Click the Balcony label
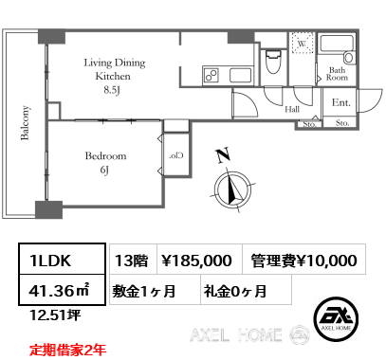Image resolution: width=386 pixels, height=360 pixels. tap(25, 122)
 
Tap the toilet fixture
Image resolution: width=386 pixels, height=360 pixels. tap(273, 62)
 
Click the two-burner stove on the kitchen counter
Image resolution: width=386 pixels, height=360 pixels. tap(211, 76)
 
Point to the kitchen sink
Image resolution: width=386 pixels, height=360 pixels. tap(240, 76)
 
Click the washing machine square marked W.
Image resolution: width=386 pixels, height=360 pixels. tap(303, 43)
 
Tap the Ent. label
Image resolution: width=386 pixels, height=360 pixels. tap(341, 102)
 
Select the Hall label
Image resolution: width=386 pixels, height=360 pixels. tap(292, 109)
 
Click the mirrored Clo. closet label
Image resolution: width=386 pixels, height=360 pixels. tap(176, 155)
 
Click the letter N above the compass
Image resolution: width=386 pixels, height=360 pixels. tap(223, 155)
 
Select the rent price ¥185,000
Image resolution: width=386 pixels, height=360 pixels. tap(196, 261)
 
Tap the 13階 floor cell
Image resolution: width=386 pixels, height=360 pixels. tap(132, 261)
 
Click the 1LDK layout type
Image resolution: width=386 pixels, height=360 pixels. tap(50, 261)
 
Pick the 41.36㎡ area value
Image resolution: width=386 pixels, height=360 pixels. tap(59, 291)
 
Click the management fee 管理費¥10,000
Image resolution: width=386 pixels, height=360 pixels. tap(303, 261)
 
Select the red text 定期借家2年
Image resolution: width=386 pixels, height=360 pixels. tap(68, 350)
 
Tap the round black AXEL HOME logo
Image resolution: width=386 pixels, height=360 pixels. tap(336, 318)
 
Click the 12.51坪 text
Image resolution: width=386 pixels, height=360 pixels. tap(55, 315)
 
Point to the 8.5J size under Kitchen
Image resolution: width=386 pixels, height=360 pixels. tap(112, 90)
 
